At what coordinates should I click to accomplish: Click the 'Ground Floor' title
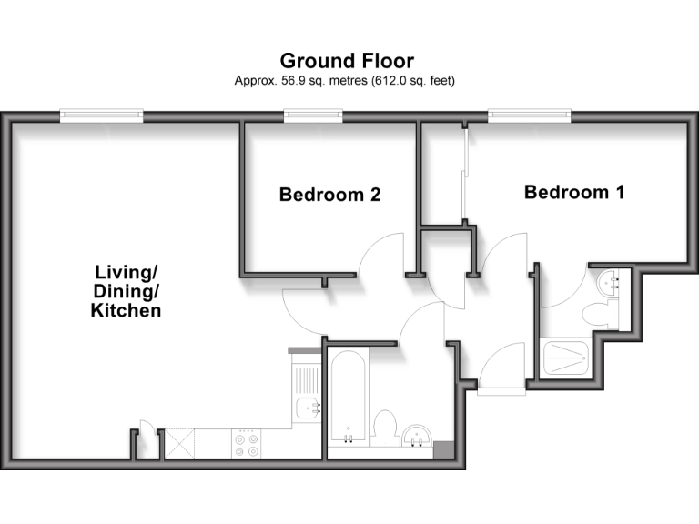pyautogui.click(x=347, y=61)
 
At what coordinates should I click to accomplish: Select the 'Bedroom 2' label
pyautogui.click(x=329, y=194)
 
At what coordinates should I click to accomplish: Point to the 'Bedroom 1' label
pyautogui.click(x=573, y=192)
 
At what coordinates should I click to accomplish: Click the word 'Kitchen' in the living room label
pyautogui.click(x=127, y=310)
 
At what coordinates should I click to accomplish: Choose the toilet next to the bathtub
pyautogui.click(x=384, y=428)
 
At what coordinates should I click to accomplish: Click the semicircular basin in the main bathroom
pyautogui.click(x=419, y=438)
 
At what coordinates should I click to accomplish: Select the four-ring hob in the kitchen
pyautogui.click(x=246, y=443)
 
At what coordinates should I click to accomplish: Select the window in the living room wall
pyautogui.click(x=101, y=115)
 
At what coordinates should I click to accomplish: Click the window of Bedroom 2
pyautogui.click(x=313, y=115)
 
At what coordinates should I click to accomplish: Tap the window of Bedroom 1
pyautogui.click(x=529, y=115)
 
